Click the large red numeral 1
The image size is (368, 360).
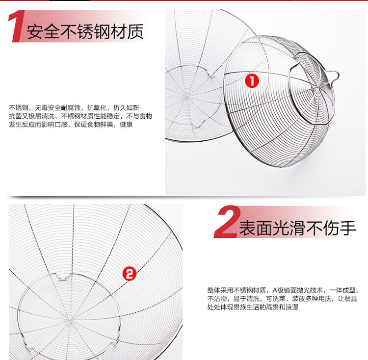click(x=16, y=26)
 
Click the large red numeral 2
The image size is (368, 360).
click(x=227, y=221)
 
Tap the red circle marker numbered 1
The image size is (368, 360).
click(x=252, y=81)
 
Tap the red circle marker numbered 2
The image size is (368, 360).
click(x=130, y=274)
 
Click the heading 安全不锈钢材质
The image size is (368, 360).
click(x=85, y=32)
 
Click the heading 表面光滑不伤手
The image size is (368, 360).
click(x=297, y=228)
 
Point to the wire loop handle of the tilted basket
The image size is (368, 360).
click(x=333, y=76)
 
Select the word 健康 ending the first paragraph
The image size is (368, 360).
click(x=126, y=124)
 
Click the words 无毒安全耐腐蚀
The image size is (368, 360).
click(x=58, y=107)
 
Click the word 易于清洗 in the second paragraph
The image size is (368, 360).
click(x=246, y=299)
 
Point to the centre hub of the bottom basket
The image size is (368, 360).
click(x=70, y=319)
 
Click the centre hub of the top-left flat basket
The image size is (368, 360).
click(x=187, y=96)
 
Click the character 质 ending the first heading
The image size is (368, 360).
click(x=135, y=32)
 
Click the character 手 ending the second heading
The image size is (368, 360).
click(x=348, y=228)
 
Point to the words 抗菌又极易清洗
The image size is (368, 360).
click(x=32, y=116)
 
